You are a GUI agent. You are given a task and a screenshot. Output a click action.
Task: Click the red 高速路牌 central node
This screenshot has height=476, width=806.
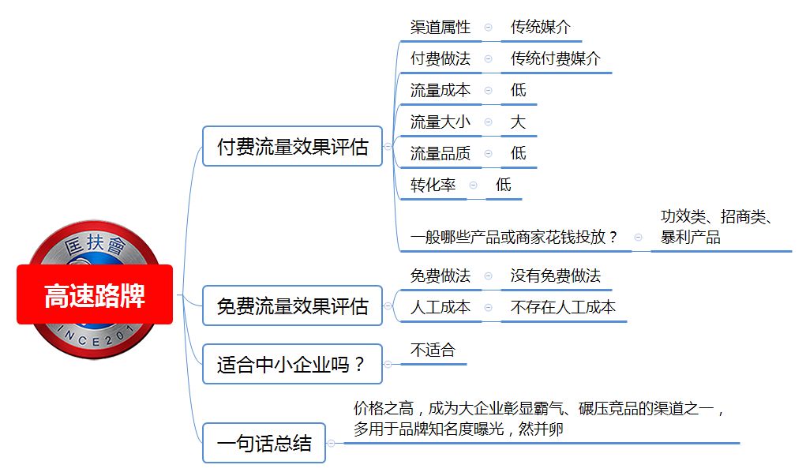(95, 294)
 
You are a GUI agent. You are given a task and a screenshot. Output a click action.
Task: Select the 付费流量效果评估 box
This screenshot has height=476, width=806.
(293, 146)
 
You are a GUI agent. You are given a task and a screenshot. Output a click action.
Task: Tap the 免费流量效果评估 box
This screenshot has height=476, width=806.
(293, 305)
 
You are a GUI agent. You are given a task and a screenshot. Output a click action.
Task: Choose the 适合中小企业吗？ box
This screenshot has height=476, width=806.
(293, 364)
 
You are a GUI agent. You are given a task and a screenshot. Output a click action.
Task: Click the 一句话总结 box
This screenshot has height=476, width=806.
(264, 443)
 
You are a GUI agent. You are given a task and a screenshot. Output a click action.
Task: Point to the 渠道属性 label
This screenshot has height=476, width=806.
(440, 28)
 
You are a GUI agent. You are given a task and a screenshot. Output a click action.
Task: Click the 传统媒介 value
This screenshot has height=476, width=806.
(540, 28)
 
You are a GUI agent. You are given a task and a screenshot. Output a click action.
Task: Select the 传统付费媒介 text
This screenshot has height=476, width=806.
(555, 58)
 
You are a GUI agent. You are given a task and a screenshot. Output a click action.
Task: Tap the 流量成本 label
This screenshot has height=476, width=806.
(440, 91)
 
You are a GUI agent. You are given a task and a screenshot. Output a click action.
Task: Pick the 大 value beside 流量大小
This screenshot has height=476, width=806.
(518, 122)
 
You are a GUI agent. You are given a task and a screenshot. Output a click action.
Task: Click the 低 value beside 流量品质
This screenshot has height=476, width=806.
(518, 153)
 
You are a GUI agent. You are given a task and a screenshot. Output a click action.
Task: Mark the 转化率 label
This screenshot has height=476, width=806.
(433, 185)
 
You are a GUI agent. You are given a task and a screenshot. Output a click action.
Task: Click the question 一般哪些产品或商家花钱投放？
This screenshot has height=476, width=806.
(514, 237)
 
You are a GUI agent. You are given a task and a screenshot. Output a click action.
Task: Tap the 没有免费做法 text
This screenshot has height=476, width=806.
(555, 276)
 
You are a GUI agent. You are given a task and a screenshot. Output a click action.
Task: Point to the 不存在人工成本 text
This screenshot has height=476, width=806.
(563, 307)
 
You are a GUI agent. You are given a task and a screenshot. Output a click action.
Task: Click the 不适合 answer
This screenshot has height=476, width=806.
(433, 350)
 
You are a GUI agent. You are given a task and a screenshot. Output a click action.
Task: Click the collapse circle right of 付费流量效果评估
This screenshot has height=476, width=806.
(388, 147)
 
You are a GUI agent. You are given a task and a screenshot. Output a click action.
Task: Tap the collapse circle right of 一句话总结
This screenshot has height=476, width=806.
(331, 443)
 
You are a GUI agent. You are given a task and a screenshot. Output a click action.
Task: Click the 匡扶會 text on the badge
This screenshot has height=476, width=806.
(96, 244)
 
